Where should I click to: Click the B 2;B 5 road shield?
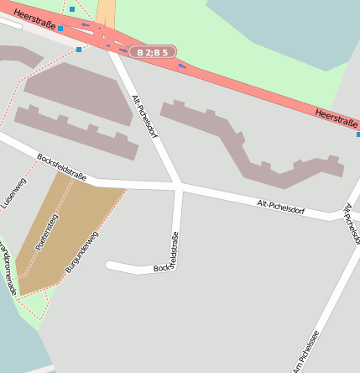coord(152,52)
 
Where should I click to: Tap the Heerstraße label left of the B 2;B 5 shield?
coord(34,17)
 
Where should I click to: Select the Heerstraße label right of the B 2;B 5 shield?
coord(337,118)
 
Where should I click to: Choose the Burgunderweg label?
coord(82,250)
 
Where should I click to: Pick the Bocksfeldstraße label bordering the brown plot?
coord(61,166)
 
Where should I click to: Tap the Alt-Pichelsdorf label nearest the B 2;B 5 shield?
coord(144,116)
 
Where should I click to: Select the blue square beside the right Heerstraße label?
coord(358,134)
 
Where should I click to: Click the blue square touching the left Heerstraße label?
coord(60,29)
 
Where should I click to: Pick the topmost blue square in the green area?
coord(72,9)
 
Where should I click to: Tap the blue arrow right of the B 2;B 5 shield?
coord(182,65)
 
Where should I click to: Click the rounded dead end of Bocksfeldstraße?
coord(110,266)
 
